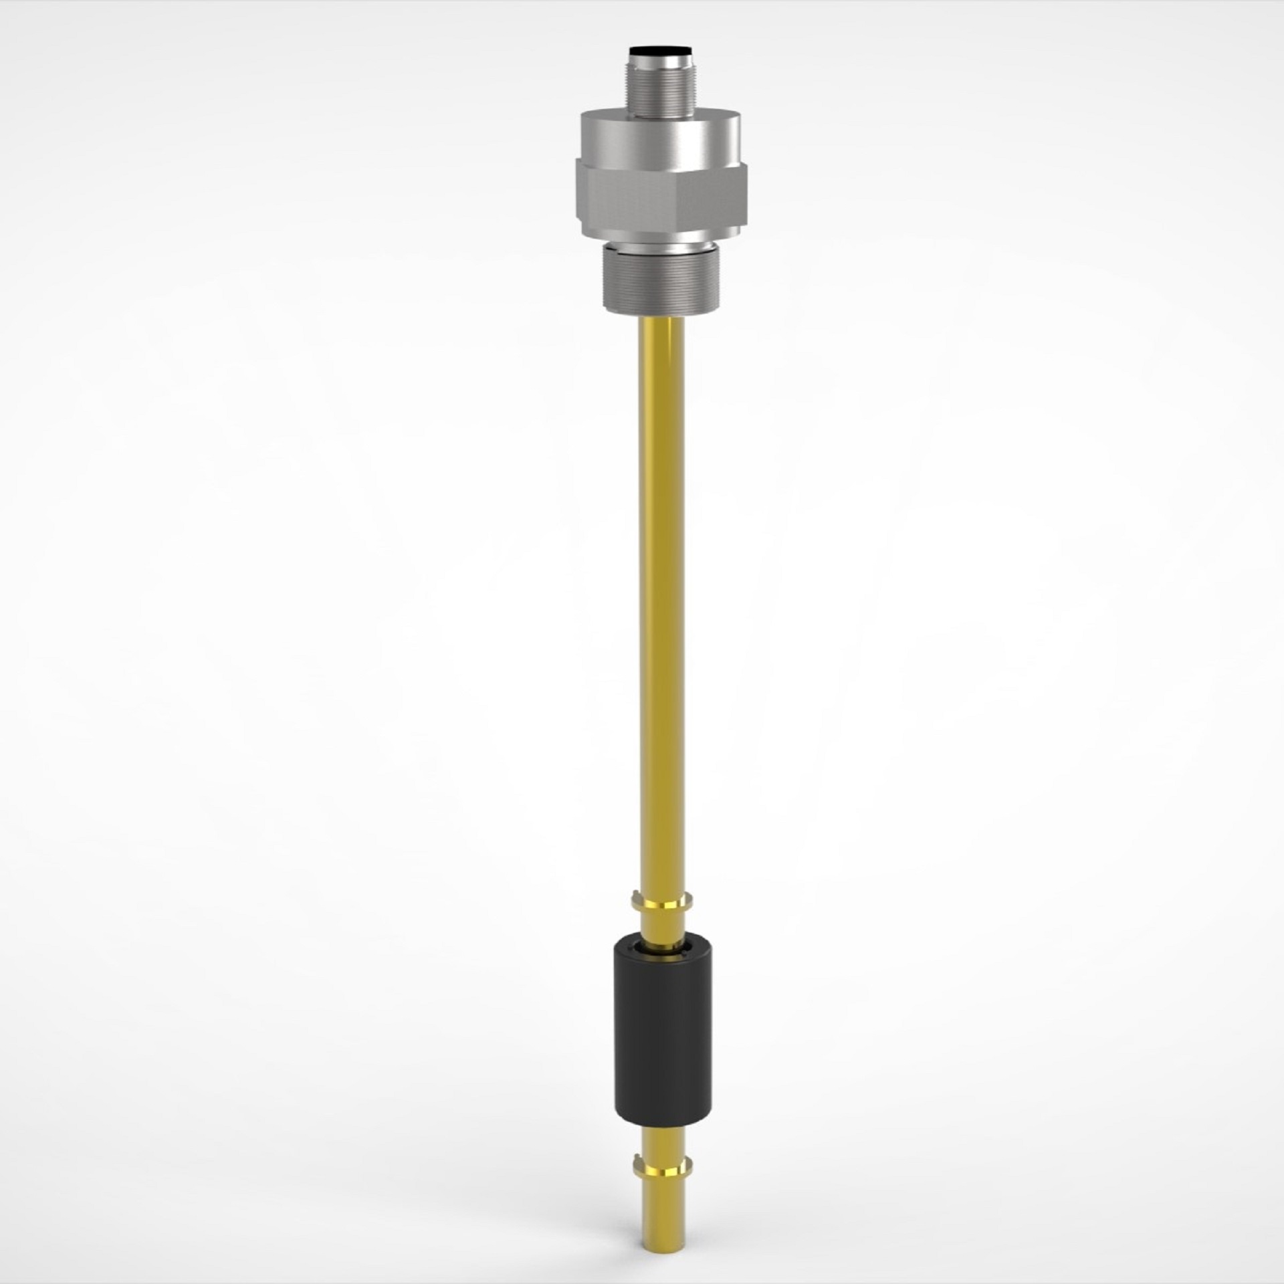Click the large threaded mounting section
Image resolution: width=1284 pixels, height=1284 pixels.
pyautogui.click(x=661, y=278)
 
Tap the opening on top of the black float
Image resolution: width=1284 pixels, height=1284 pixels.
pyautogui.click(x=661, y=948)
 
